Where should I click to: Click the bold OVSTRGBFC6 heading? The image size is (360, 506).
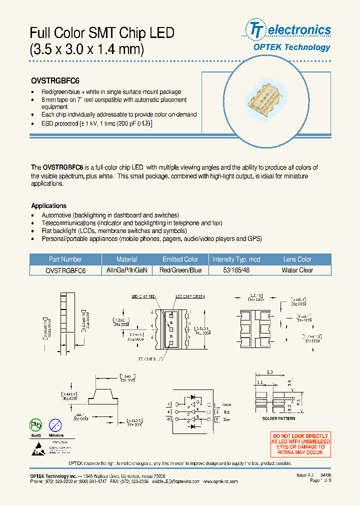coord(55,80)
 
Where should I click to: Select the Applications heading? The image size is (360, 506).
coord(48,205)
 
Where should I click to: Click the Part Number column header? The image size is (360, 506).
coord(65,259)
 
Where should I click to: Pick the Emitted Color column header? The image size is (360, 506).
coord(180,259)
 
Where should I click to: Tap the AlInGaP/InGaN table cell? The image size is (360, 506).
coord(126,270)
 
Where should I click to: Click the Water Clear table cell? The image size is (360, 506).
coord(297,270)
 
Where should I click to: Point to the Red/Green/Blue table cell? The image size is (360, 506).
coord(180,270)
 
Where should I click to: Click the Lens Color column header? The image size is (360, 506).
coord(297,259)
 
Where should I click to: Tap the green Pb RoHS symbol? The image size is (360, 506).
coord(36,425)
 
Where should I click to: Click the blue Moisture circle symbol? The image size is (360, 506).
coord(56,425)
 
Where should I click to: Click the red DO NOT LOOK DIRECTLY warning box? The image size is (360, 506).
coord(300,444)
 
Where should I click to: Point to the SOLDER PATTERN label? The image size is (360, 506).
coord(278,418)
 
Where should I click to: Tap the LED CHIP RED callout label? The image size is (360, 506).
coord(143,296)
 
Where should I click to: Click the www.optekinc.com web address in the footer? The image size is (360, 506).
coord(220,481)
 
